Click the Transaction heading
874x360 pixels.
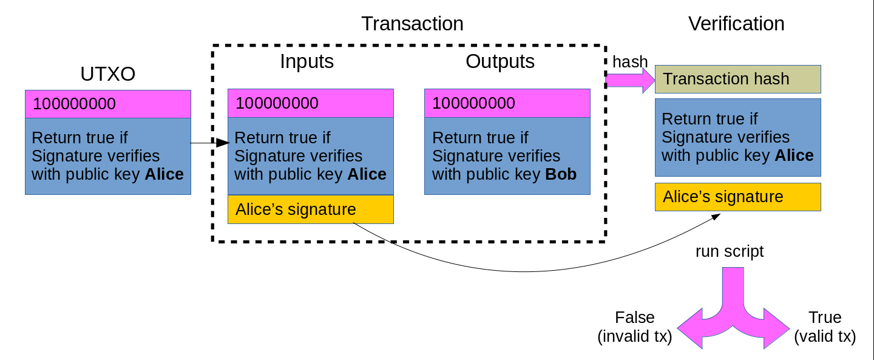pos(412,24)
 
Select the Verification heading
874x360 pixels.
pos(736,24)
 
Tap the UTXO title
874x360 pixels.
pos(107,74)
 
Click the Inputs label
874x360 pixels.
pos(307,61)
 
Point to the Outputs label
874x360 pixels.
pos(500,61)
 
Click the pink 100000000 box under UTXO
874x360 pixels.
pos(108,104)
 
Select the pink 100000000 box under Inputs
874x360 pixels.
pos(311,103)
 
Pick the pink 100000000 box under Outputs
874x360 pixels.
pos(507,103)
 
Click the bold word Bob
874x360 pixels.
pos(561,175)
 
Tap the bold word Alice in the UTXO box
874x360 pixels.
pos(164,175)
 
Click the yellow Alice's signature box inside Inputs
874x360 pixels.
pos(311,209)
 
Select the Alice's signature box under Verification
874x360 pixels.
pos(737,197)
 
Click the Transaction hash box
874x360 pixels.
pos(737,79)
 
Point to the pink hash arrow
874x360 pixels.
pos(629,80)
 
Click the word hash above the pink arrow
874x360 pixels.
pos(630,61)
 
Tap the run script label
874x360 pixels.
pos(730,251)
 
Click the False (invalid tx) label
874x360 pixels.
pos(635,327)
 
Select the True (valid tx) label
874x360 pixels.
pos(825,327)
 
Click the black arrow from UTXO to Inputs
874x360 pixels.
pos(209,143)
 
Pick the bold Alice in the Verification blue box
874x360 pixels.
pos(794,155)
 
